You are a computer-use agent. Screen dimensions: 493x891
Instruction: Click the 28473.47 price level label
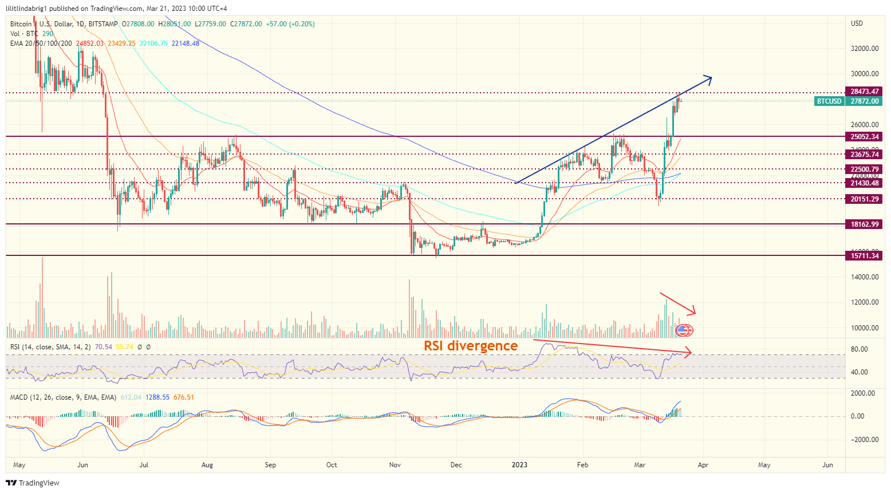(x=864, y=92)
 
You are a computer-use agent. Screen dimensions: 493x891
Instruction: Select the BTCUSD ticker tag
(x=829, y=101)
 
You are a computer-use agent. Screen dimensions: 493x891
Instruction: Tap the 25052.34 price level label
(x=864, y=137)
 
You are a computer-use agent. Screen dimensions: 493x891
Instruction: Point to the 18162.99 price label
(x=864, y=224)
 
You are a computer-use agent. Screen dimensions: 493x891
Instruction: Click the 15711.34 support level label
(x=864, y=256)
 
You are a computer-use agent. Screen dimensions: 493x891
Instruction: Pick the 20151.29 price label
(x=864, y=199)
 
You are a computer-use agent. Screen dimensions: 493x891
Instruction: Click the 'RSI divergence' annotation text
(x=471, y=346)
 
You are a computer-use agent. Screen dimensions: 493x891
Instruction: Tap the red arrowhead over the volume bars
(x=692, y=311)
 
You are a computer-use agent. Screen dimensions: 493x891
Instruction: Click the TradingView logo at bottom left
(x=32, y=483)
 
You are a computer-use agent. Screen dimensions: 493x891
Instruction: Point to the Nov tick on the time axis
(x=395, y=465)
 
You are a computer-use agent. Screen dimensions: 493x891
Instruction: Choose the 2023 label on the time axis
(x=519, y=465)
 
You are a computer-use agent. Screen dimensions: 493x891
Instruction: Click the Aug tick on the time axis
(x=207, y=465)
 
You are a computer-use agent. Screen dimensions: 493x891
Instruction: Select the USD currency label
(x=857, y=23)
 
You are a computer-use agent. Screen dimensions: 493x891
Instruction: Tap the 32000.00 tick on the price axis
(x=865, y=49)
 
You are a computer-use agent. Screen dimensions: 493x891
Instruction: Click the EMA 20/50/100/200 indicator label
(x=41, y=44)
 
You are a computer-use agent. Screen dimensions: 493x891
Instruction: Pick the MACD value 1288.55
(x=157, y=397)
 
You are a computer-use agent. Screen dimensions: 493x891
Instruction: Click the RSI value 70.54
(x=104, y=347)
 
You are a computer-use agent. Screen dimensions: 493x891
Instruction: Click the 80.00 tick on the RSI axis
(x=860, y=349)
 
